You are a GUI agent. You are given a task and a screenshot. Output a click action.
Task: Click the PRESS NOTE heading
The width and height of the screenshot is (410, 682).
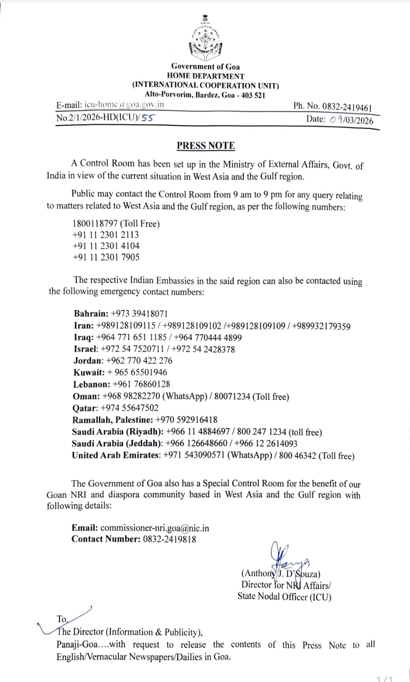tap(206, 146)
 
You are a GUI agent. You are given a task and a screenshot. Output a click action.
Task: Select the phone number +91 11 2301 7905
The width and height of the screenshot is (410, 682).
tap(106, 257)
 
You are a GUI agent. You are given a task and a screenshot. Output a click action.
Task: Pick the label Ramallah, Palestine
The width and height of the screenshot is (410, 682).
tap(112, 420)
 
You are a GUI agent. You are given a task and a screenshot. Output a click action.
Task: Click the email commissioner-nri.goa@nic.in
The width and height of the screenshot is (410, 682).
tap(154, 528)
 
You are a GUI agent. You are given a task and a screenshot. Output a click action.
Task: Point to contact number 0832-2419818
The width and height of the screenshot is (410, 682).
tap(169, 539)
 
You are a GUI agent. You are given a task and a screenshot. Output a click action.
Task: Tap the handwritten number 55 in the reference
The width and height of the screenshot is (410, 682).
tap(147, 118)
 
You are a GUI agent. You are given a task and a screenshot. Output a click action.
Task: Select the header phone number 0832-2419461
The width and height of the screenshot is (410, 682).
tap(347, 107)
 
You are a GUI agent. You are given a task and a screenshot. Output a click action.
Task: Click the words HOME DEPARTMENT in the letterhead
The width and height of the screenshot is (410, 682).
tap(206, 76)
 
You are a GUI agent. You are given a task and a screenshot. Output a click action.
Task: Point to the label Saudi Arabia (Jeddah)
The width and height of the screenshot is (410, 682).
tap(117, 444)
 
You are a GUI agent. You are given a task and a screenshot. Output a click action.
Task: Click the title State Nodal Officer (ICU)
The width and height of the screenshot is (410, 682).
tap(284, 597)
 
